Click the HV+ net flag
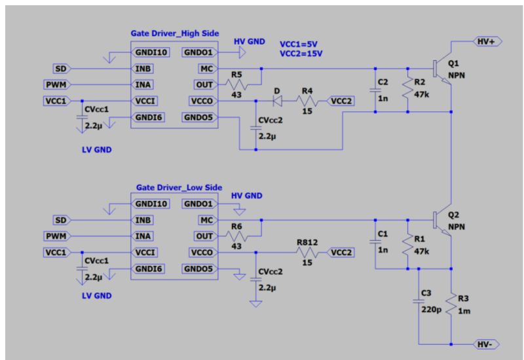[488, 41]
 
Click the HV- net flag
[487, 344]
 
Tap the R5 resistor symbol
[236, 84]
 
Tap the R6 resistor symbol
[236, 236]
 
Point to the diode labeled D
[277, 101]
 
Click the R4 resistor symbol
[307, 101]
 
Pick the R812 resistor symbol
[307, 253]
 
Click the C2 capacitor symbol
[375, 90]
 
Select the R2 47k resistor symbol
[407, 88]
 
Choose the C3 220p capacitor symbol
[419, 301]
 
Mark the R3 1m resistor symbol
[451, 304]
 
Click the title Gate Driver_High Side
[175, 33]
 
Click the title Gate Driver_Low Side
[179, 187]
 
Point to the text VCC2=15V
[301, 54]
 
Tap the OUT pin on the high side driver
[205, 84]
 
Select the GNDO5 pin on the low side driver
[199, 269]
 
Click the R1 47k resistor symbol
[407, 245]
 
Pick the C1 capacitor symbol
[375, 242]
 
